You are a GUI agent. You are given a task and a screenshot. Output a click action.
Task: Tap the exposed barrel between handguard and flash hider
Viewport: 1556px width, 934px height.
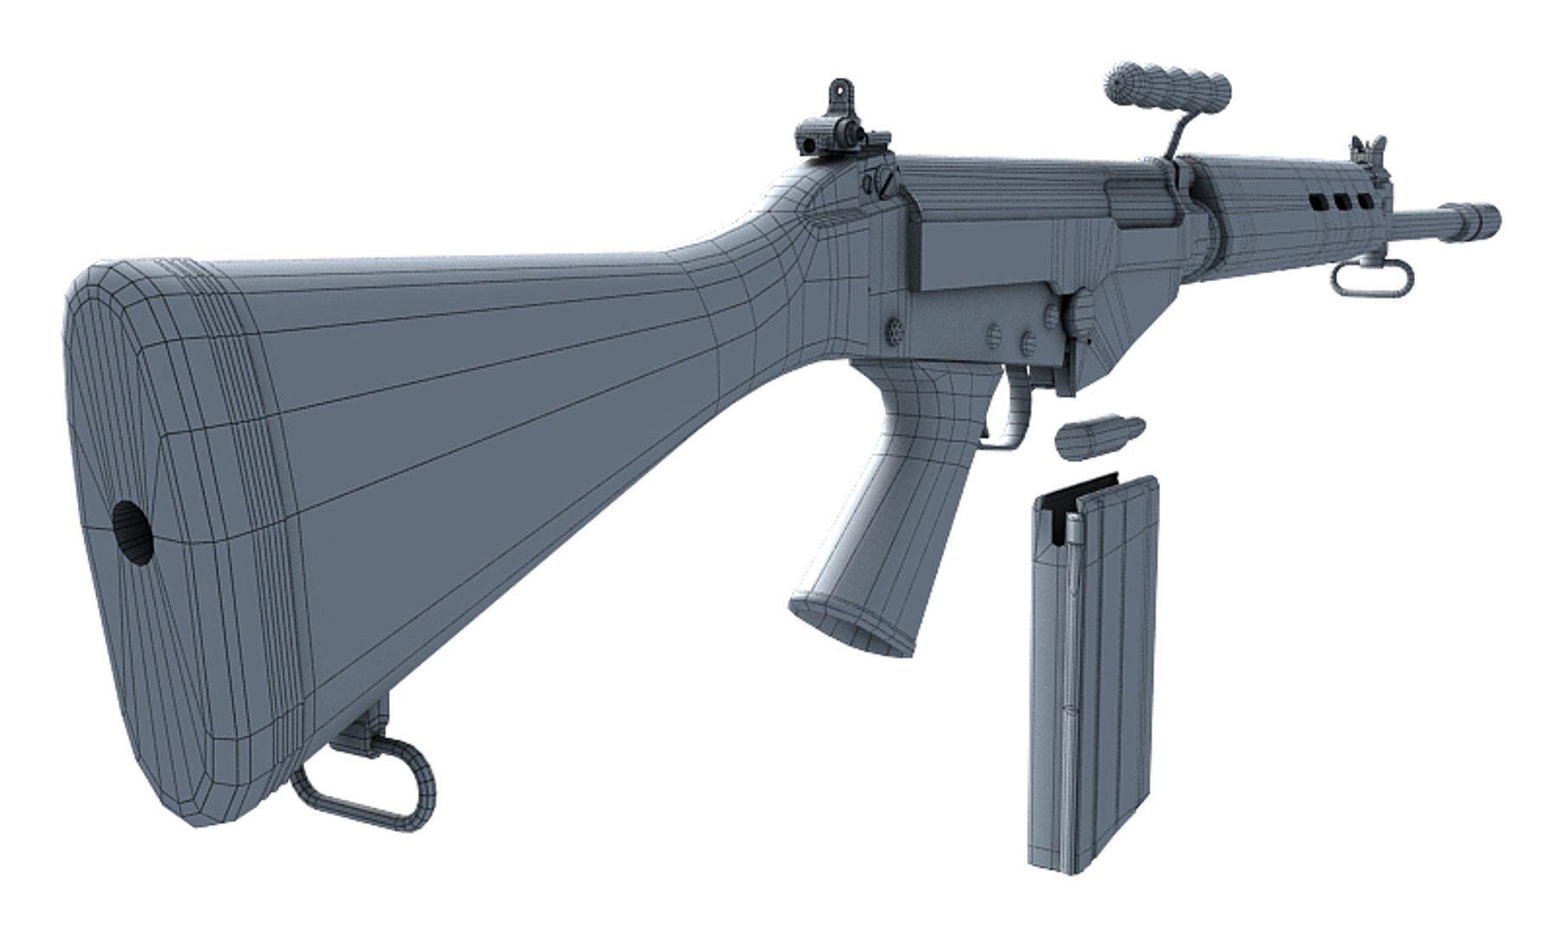(x=1426, y=222)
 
